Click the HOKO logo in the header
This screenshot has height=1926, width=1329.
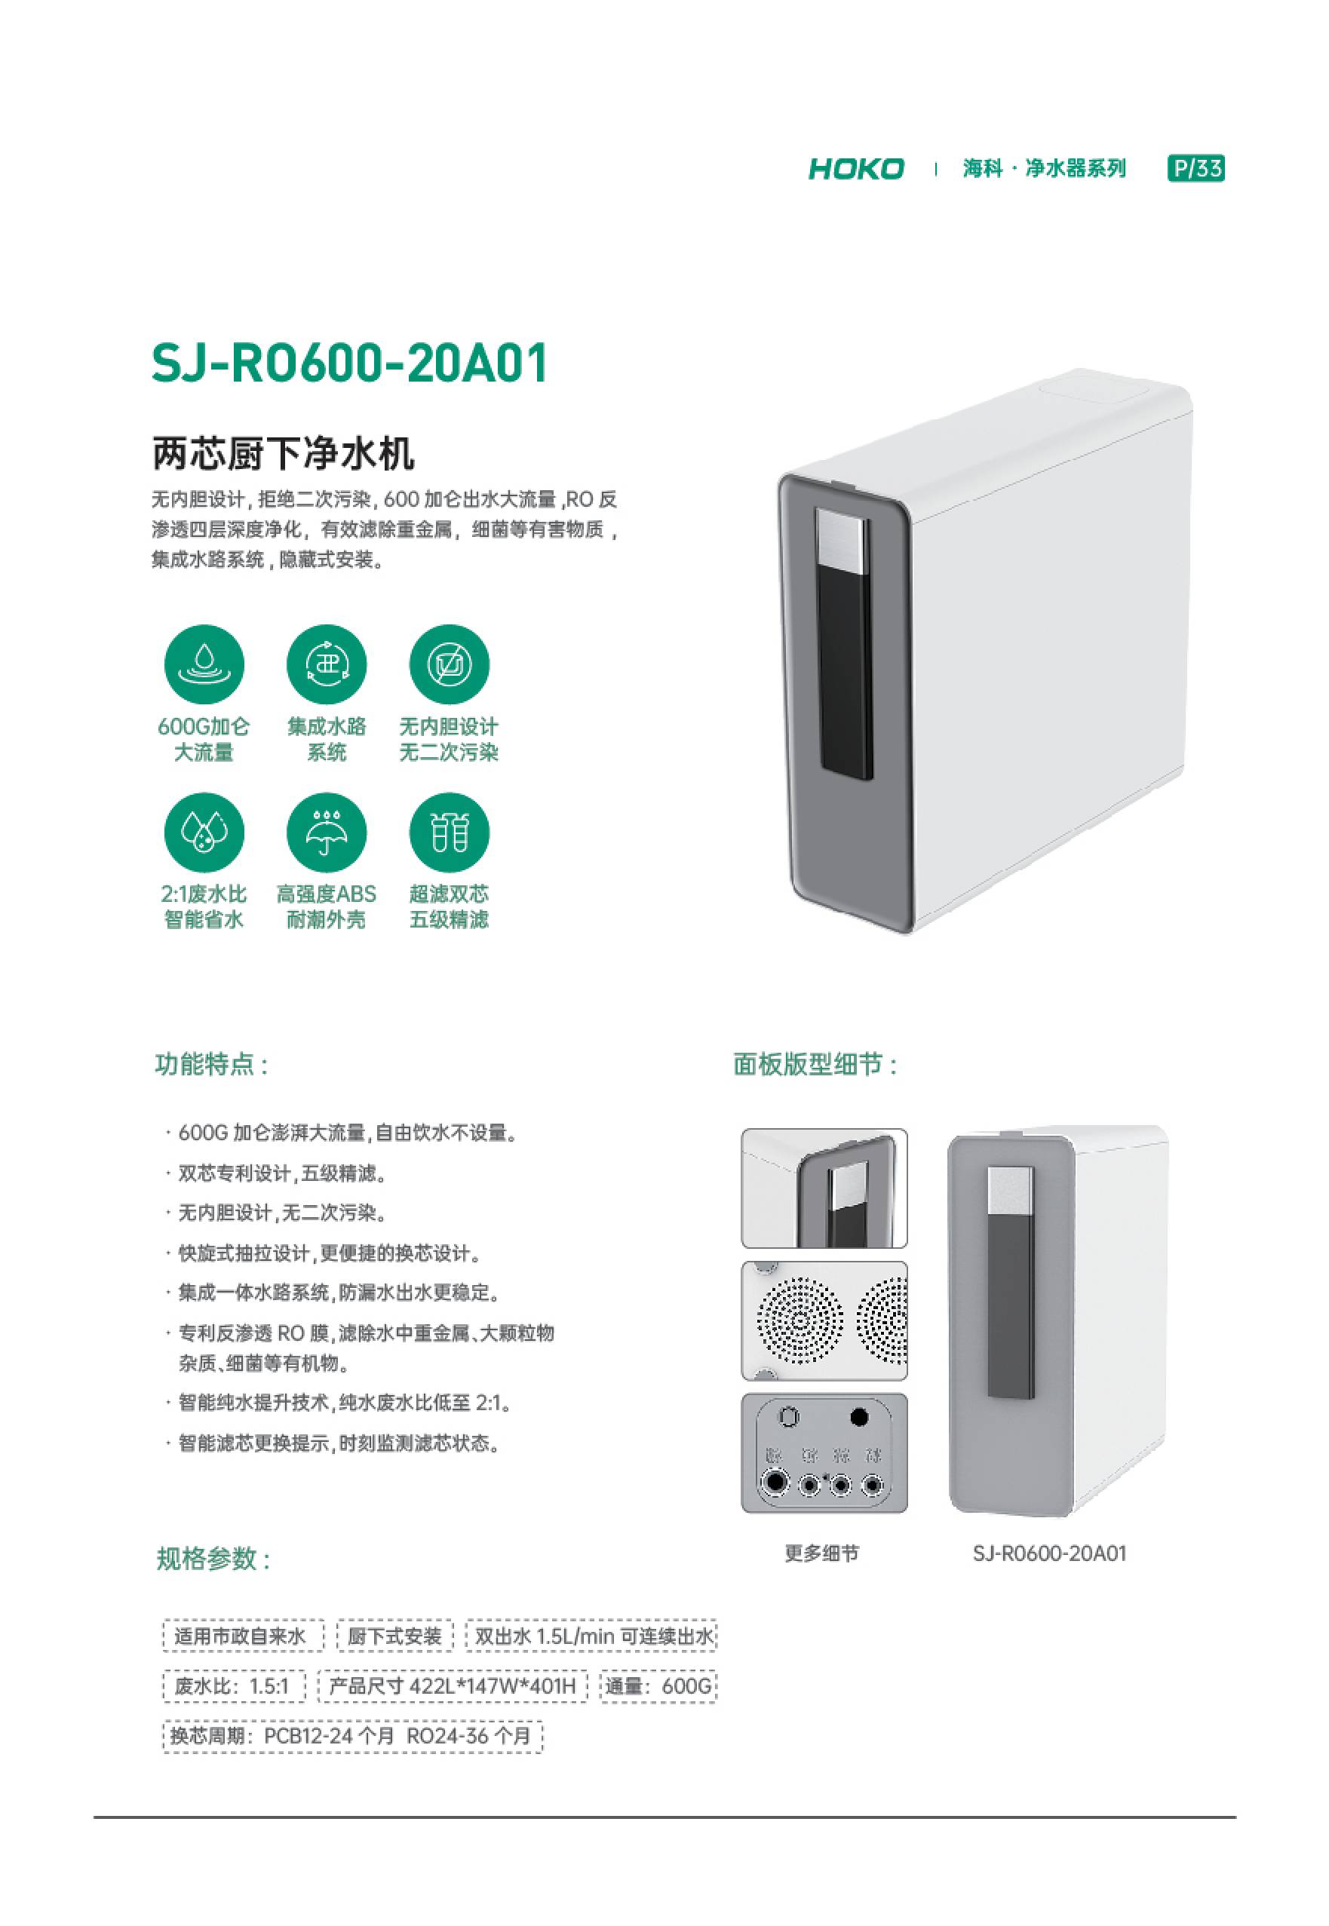click(855, 169)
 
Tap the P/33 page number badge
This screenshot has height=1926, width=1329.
click(1195, 169)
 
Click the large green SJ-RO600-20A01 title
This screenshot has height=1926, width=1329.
click(350, 363)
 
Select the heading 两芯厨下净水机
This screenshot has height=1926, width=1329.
click(283, 454)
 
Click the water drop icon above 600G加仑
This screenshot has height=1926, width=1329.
click(204, 664)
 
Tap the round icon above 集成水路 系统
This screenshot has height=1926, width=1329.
click(327, 664)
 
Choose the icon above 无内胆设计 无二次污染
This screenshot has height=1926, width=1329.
click(449, 664)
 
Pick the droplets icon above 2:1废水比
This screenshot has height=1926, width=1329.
click(204, 832)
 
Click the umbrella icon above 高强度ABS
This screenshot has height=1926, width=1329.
click(327, 832)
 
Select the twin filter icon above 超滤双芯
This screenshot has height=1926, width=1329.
click(449, 832)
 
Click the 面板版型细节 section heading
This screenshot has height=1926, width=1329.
click(815, 1065)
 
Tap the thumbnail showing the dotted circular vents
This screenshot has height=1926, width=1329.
click(824, 1321)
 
